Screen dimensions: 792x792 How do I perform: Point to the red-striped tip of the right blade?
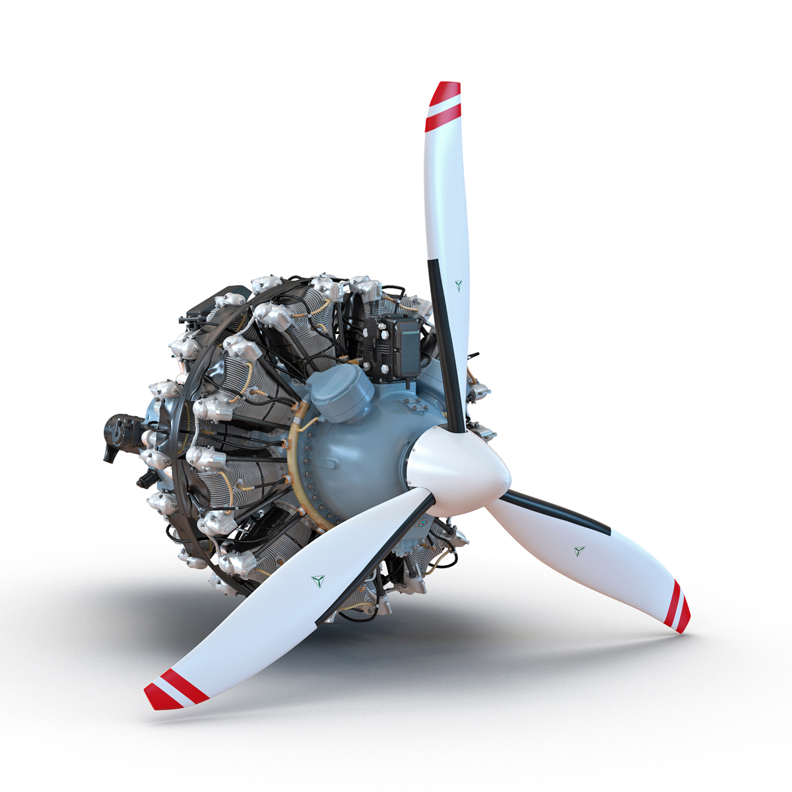(x=678, y=605)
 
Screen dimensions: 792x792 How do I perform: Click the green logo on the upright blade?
(x=459, y=285)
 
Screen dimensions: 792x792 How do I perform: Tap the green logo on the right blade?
(x=579, y=550)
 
